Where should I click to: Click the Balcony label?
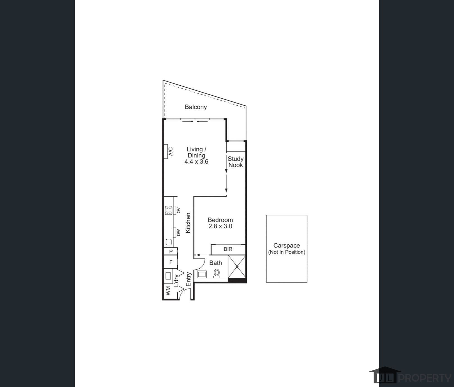196,107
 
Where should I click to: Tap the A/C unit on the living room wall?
166,152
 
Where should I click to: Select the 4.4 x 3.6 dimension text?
196,162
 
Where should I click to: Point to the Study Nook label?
236,162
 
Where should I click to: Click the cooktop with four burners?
169,210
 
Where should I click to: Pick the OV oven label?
179,210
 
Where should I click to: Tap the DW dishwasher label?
179,232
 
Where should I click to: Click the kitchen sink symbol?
169,242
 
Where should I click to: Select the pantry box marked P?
171,251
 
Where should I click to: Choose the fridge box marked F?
171,262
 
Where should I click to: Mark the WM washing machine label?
168,291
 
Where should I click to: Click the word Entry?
189,279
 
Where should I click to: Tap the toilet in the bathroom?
217,273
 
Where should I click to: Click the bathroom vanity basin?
201,274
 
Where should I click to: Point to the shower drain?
237,266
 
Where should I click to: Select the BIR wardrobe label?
228,249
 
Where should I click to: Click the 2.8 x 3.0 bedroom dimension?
220,226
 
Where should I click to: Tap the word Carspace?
287,246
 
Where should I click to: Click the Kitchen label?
188,223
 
